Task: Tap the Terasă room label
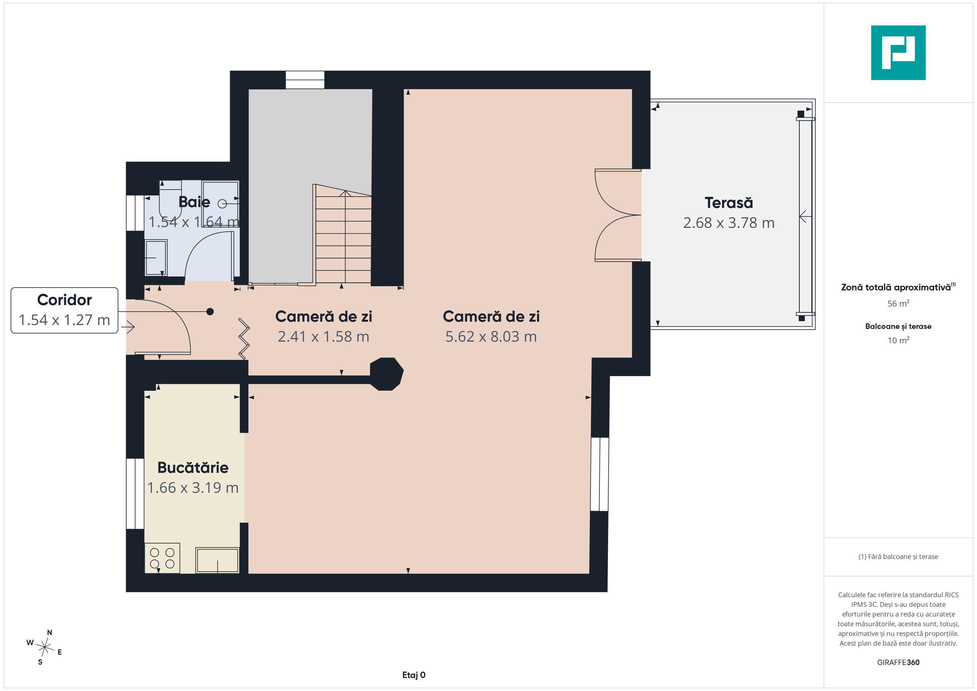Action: [x=729, y=203]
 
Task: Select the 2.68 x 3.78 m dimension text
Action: [x=729, y=223]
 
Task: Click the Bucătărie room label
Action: [x=193, y=468]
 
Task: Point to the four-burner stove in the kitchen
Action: [x=162, y=558]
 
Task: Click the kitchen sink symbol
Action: [x=217, y=560]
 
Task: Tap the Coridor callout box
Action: [x=64, y=310]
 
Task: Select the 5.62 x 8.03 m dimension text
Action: [x=491, y=337]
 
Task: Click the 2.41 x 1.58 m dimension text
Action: [x=323, y=337]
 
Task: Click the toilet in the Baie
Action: [x=170, y=199]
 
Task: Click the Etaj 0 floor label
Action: [x=414, y=675]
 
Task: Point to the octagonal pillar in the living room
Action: [x=386, y=374]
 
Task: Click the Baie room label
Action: [x=194, y=202]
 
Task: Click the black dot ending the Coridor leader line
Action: [x=210, y=312]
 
